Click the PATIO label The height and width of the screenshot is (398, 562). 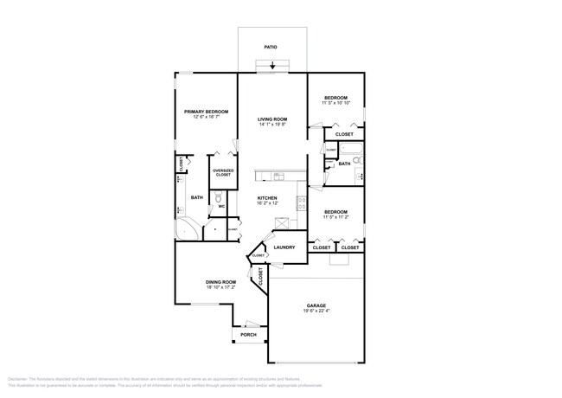(272, 47)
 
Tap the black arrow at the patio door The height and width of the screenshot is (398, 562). (273, 65)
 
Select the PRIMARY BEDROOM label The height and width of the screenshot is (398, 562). (205, 112)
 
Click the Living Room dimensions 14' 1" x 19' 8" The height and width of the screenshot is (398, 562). (272, 125)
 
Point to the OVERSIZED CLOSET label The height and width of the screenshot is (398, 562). (223, 173)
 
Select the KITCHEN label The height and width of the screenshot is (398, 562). (266, 198)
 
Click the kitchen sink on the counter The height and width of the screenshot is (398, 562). (278, 177)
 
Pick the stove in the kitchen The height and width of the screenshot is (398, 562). (301, 204)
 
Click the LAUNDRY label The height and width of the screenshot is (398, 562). (284, 247)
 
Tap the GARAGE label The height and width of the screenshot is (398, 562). (316, 306)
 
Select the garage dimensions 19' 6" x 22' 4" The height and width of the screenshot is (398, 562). (316, 312)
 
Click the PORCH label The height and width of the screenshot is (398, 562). (248, 334)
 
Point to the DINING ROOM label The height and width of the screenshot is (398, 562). (220, 282)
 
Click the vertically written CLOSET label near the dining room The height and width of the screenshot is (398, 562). (260, 275)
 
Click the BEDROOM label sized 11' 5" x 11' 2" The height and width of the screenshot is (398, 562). (335, 211)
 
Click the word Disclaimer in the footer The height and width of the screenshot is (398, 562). (19, 379)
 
